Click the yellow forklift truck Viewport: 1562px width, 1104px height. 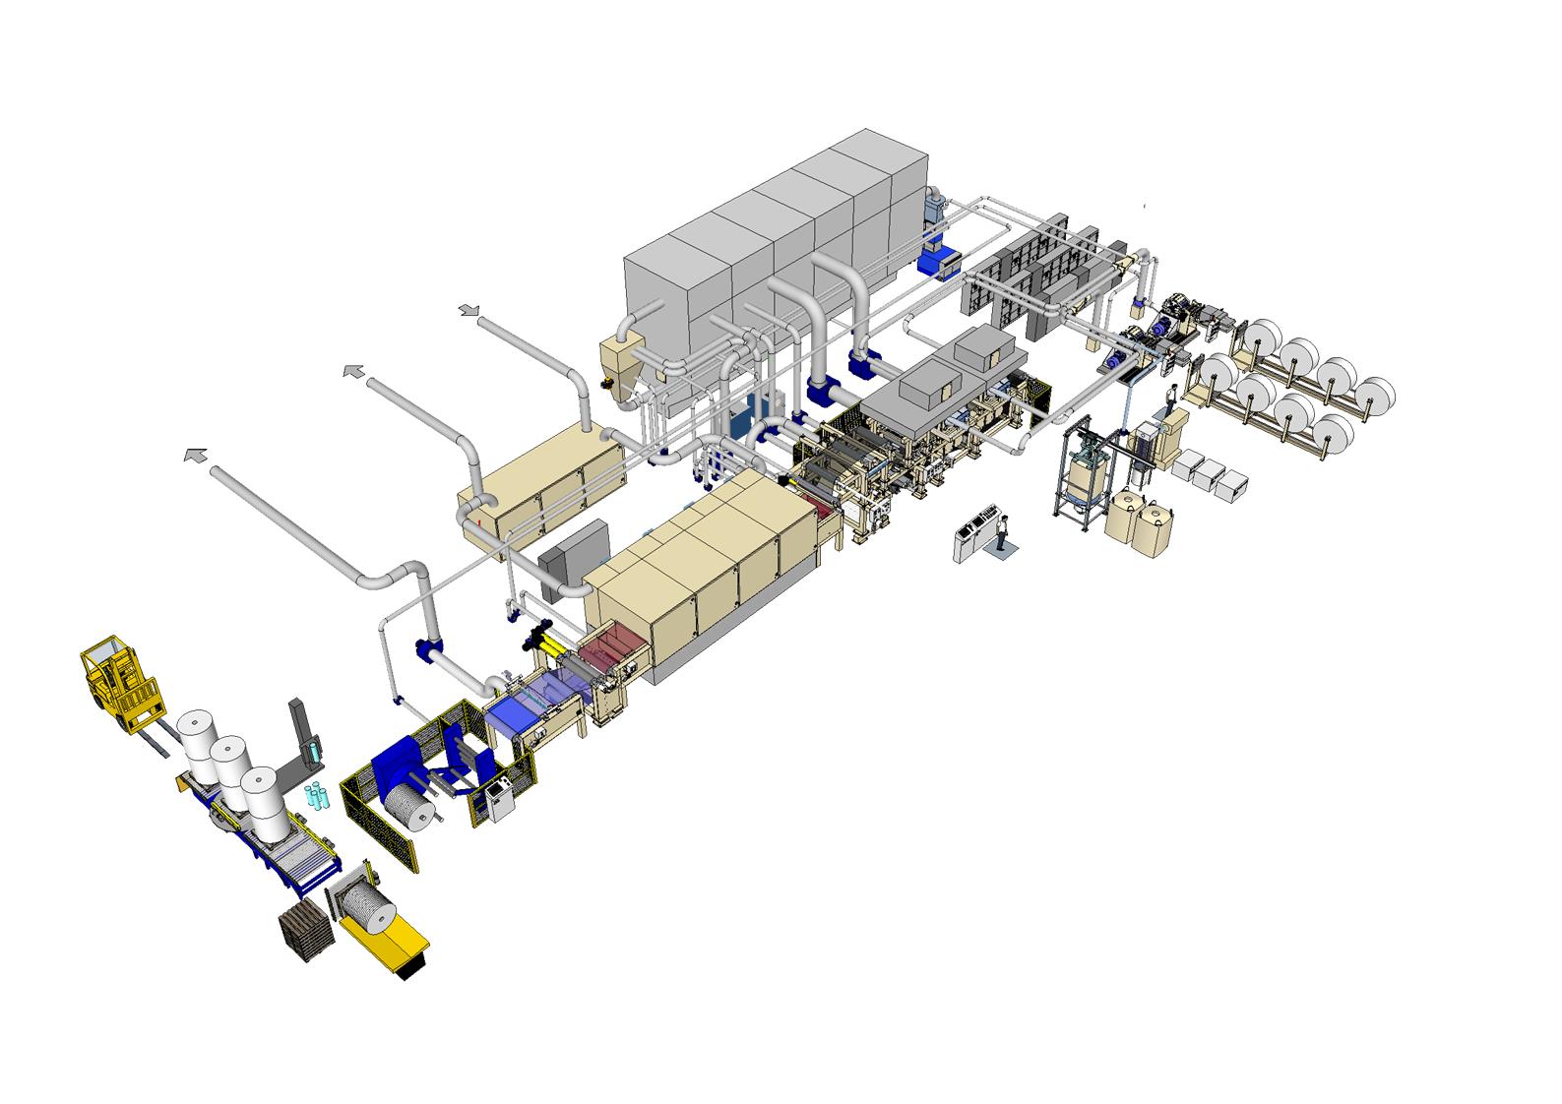point(116,681)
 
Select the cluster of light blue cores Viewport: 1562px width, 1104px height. point(315,794)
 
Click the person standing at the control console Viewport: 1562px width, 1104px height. point(1002,532)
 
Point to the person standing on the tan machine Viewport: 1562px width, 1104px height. point(1171,397)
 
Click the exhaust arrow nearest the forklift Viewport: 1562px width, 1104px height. point(195,456)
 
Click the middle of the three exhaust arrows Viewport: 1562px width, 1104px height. point(352,371)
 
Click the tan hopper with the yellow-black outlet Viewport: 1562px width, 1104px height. point(620,364)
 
